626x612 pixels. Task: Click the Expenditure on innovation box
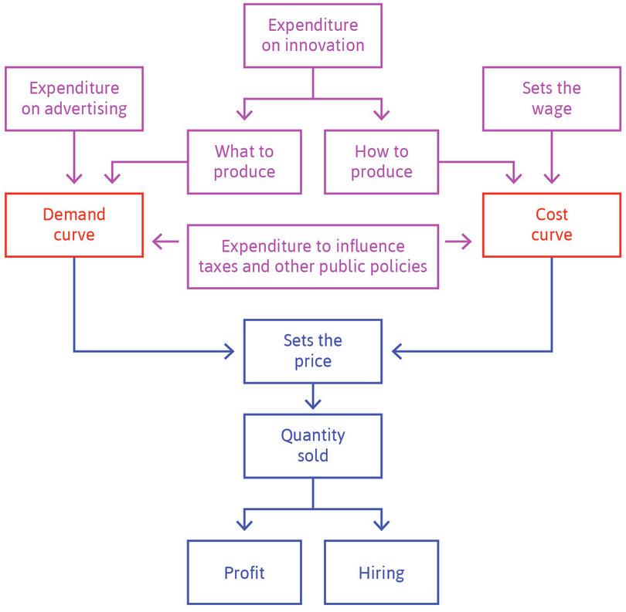coord(313,36)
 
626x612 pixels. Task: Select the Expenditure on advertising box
coord(74,98)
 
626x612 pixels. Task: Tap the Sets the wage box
coord(552,98)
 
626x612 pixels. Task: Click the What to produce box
coord(244,161)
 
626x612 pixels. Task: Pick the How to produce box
coord(382,161)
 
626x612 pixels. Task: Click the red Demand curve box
coord(74,224)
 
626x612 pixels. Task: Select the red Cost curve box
coord(552,224)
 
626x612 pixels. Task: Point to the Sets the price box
coord(313,351)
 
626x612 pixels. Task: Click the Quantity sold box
coord(313,445)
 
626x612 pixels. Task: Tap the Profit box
coord(244,573)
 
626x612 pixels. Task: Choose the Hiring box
coord(382,573)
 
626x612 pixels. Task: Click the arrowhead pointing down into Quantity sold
coord(313,404)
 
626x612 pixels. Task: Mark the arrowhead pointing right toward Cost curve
coord(467,242)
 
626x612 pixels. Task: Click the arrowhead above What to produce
coord(244,115)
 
